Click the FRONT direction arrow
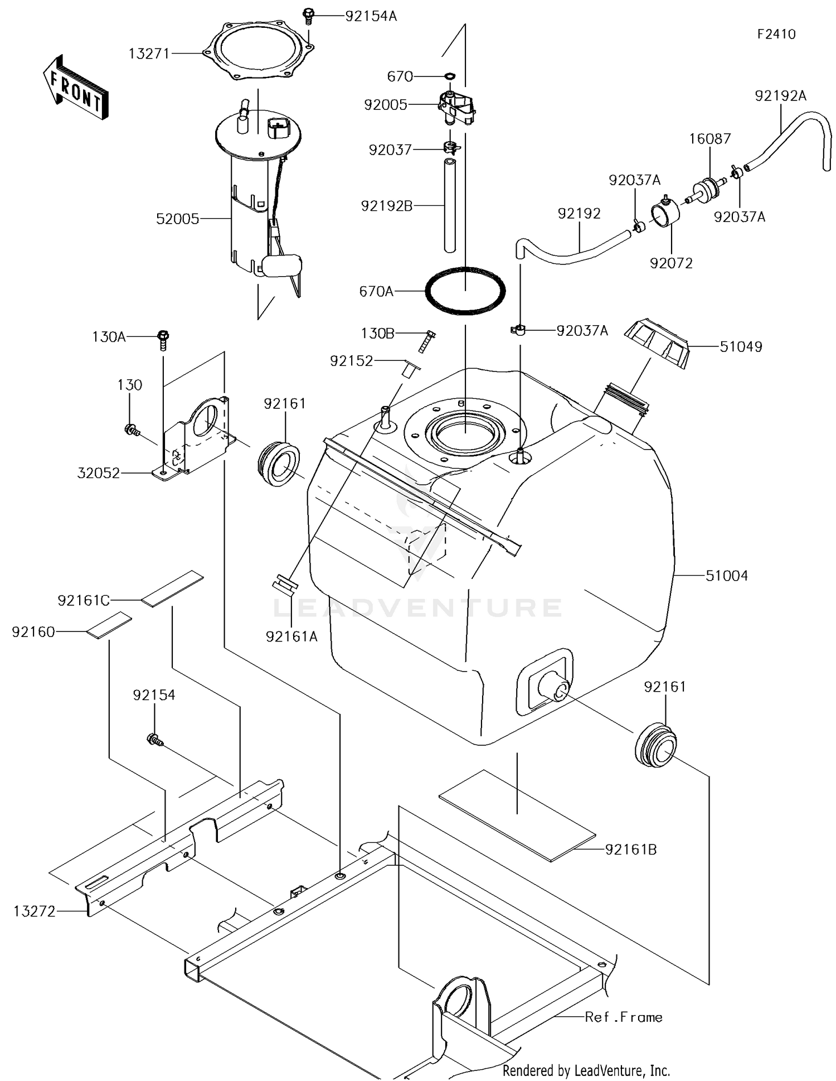(x=75, y=88)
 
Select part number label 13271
(x=149, y=54)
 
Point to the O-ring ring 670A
(x=465, y=291)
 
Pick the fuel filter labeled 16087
(x=707, y=190)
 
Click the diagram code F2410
(x=776, y=34)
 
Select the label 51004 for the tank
(x=726, y=576)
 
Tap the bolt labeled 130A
(x=163, y=337)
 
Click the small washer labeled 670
(x=450, y=75)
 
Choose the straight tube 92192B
(x=450, y=205)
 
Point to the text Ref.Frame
(x=623, y=1017)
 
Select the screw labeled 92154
(x=154, y=740)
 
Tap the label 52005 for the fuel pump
(x=177, y=219)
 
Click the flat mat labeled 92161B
(x=517, y=815)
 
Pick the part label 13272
(x=35, y=911)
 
